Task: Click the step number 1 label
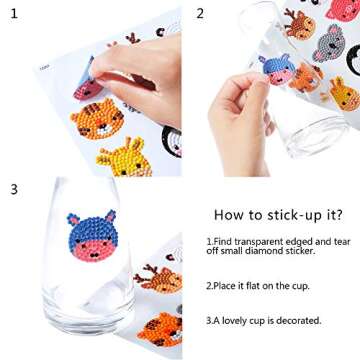[x=13, y=13]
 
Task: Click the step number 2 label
[x=200, y=13]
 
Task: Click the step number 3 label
[x=13, y=188]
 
